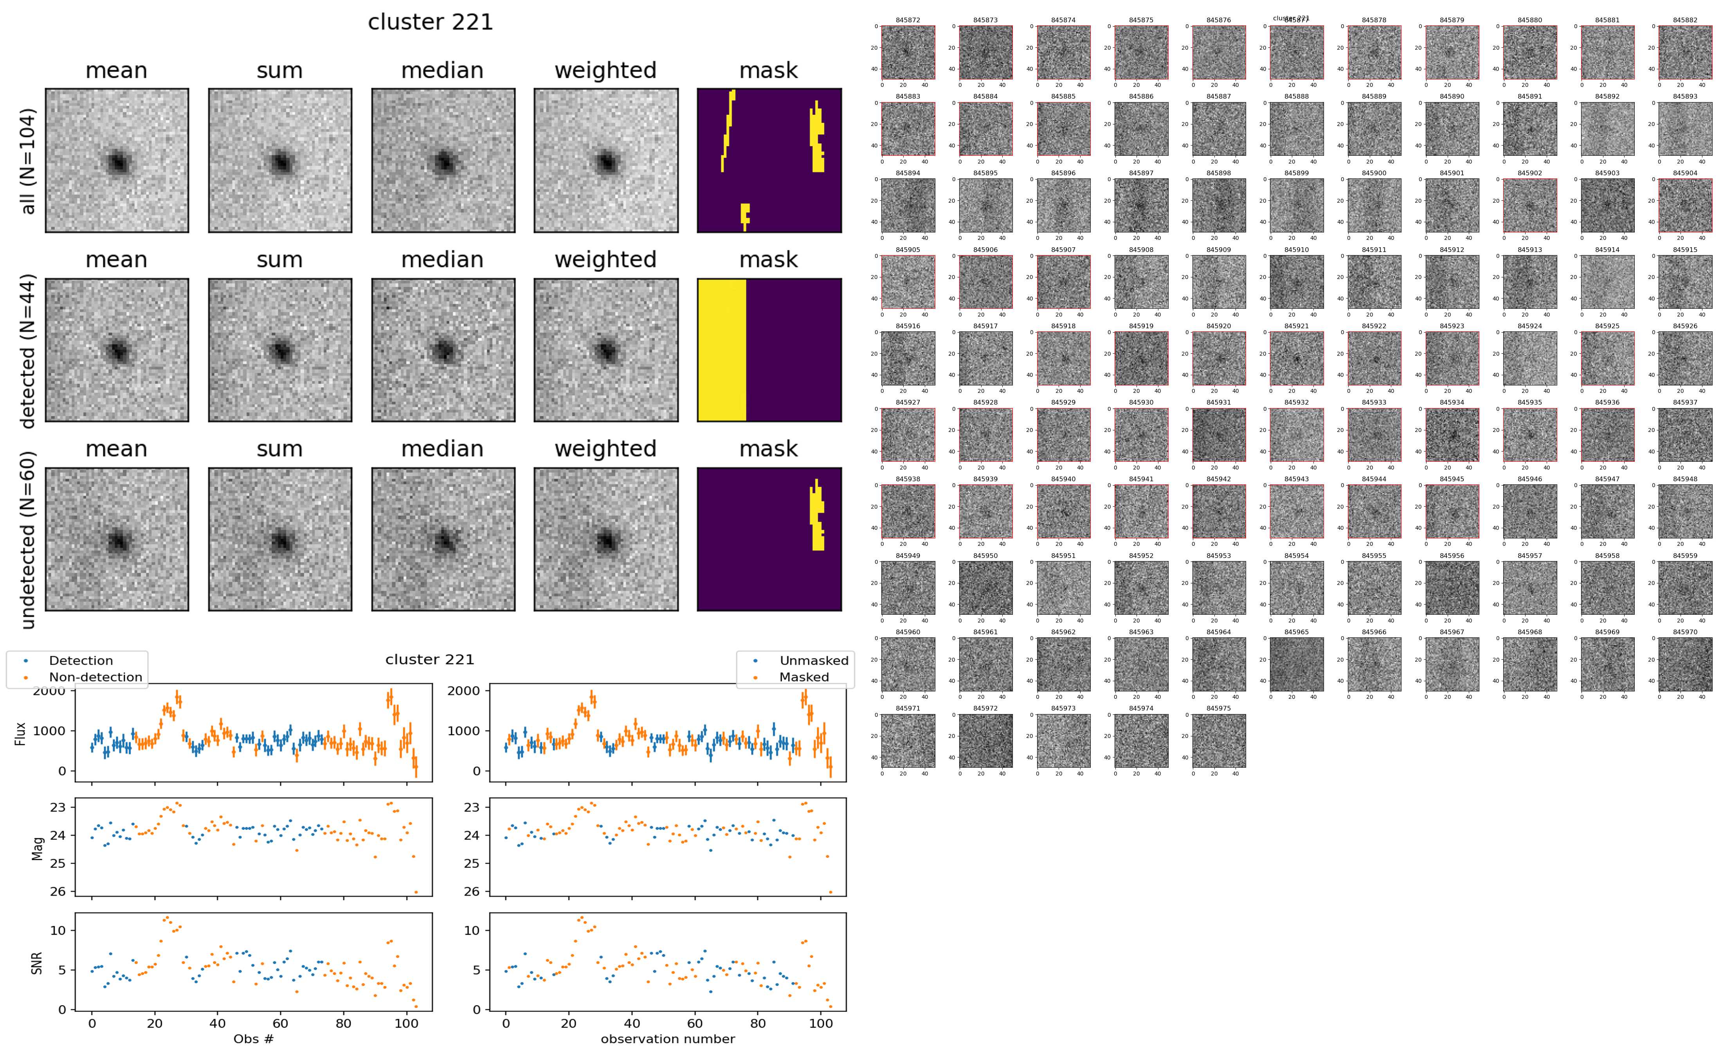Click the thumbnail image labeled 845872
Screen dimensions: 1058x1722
908,52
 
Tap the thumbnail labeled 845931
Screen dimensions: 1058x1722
1218,435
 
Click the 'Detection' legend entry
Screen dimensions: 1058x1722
81,660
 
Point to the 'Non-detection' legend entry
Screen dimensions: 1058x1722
95,677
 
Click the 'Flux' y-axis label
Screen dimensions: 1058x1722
20,733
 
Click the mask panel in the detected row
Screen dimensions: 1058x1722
769,350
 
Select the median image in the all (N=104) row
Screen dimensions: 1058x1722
443,160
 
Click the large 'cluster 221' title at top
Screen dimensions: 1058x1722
430,22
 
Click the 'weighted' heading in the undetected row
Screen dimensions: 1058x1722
605,448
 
